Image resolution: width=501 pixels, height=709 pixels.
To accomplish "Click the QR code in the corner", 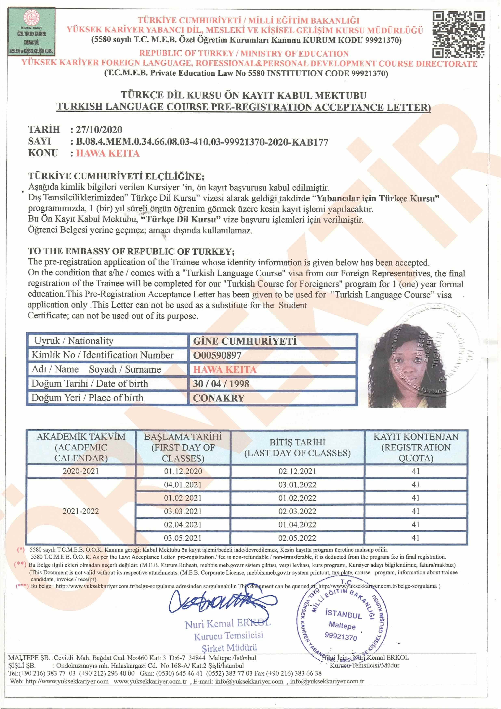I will tap(458, 35).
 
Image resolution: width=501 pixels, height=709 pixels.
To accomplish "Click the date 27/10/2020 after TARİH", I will tap(99, 130).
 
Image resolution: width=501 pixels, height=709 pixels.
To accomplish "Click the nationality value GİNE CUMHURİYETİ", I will tap(245, 341).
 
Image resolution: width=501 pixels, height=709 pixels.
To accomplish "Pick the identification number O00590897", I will tap(217, 355).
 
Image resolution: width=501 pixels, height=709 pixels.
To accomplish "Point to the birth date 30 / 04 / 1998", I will tap(221, 384).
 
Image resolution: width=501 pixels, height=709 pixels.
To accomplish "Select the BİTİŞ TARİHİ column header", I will tap(297, 447).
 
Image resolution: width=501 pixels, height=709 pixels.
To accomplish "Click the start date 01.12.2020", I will tap(183, 471).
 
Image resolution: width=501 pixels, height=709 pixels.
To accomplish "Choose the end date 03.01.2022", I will tap(297, 484).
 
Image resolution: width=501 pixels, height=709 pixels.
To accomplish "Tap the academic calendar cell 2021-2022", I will tap(81, 511).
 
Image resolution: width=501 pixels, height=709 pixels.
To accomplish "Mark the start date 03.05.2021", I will tap(183, 538).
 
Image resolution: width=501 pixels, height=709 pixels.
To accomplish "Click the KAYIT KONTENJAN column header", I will tap(416, 447).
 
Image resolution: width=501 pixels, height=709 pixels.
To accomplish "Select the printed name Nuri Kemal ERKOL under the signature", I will tap(228, 624).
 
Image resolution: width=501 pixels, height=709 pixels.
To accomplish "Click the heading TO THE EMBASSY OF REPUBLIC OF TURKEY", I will tap(131, 251).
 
